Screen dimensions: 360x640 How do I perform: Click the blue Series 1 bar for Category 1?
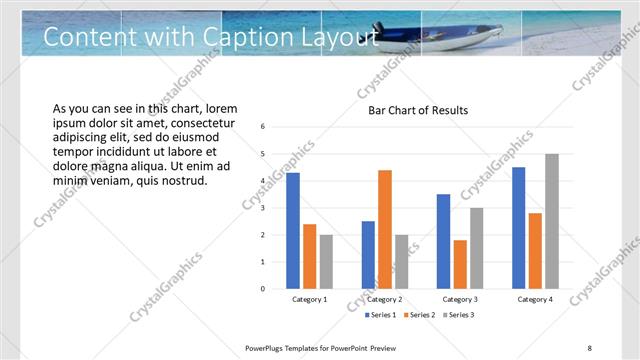click(293, 230)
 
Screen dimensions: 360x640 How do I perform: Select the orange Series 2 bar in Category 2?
click(385, 229)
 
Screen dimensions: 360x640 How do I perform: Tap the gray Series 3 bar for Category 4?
click(552, 221)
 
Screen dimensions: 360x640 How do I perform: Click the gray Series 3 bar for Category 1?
click(327, 261)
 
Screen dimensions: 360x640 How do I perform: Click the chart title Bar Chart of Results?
click(418, 110)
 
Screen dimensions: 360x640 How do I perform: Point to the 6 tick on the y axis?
click(262, 127)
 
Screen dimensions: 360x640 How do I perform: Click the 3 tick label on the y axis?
click(262, 208)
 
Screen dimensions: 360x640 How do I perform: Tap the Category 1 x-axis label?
click(310, 299)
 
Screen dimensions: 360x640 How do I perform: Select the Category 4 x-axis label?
click(535, 299)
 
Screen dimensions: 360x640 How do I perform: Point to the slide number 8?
click(589, 347)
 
